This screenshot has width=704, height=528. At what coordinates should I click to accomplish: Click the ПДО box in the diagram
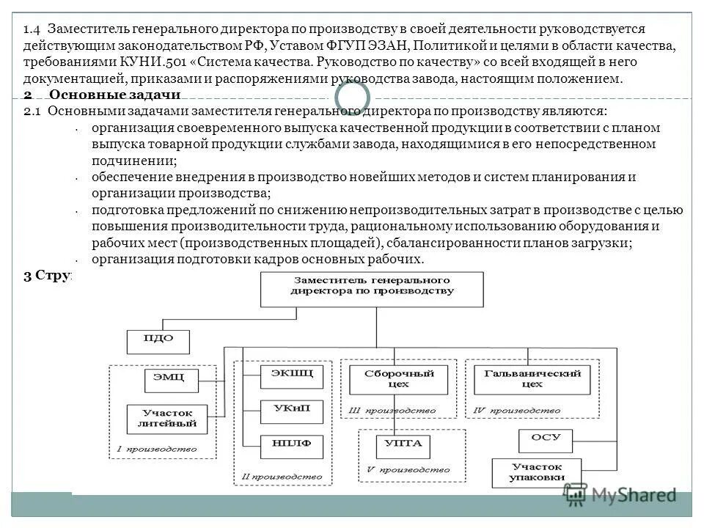[x=158, y=340]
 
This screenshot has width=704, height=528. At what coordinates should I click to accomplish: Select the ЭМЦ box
[x=164, y=378]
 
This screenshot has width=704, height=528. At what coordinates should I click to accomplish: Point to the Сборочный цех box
[x=400, y=378]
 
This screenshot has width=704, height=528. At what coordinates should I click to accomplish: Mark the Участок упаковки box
[x=537, y=472]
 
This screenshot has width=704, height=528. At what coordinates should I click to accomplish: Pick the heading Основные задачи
[x=114, y=96]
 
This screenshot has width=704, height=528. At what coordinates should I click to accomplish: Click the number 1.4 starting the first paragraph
[x=30, y=29]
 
